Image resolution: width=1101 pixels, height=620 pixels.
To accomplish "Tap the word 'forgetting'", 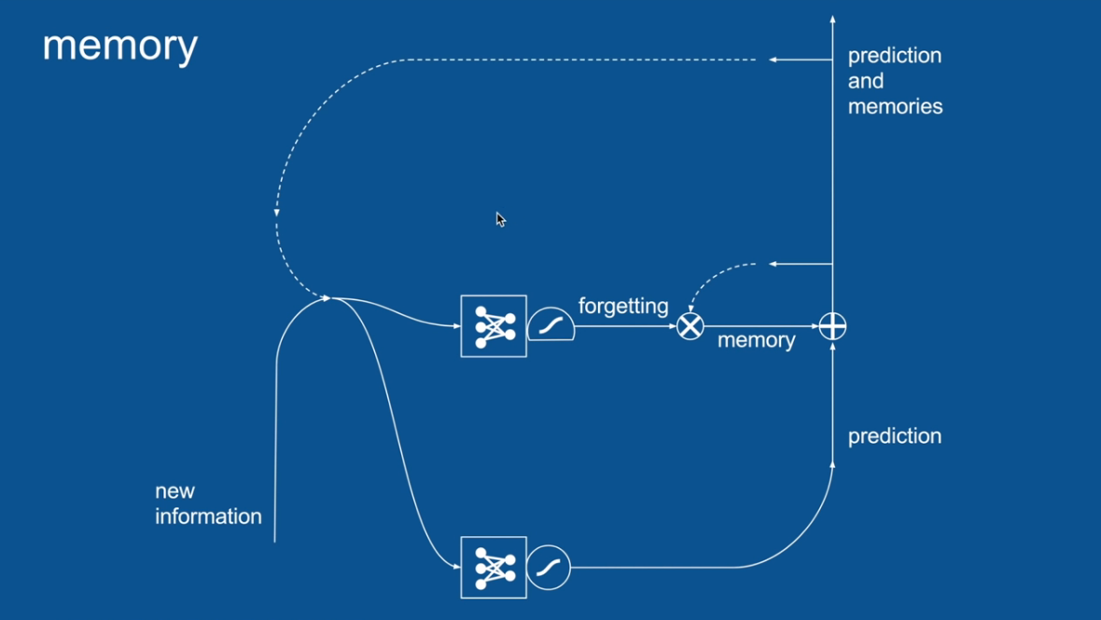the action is (x=623, y=306).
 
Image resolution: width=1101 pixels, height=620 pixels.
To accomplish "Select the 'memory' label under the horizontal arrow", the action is (x=756, y=340).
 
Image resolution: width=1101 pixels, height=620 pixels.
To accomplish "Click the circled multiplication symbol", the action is (x=690, y=326).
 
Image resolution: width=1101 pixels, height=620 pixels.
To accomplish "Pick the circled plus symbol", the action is (x=832, y=326).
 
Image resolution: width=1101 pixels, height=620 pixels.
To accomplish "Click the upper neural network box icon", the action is (x=494, y=326).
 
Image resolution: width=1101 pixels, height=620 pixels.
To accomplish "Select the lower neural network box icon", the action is (x=494, y=567).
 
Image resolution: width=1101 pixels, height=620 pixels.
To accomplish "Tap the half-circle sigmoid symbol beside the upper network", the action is (x=550, y=324).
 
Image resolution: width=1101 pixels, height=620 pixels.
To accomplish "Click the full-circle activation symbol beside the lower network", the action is (x=549, y=567).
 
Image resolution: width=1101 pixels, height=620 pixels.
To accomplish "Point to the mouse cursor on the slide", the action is (x=500, y=219).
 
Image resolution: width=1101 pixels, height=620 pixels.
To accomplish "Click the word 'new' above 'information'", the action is (x=174, y=491).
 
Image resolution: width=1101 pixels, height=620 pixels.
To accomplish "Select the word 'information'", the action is (x=208, y=517).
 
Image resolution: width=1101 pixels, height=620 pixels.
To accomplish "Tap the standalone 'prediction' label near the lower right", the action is (x=894, y=436).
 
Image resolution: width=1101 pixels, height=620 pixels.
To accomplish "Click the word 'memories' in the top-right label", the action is (x=895, y=106).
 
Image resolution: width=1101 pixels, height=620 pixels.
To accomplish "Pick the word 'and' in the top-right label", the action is (x=865, y=81).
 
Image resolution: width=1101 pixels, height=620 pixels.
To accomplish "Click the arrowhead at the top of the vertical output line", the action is (x=832, y=19).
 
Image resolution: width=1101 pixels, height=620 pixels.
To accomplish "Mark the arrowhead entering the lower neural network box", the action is (x=456, y=567).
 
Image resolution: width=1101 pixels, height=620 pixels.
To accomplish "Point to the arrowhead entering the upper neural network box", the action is (x=456, y=326).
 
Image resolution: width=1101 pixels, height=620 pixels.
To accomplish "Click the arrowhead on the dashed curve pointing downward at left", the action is (x=276, y=213).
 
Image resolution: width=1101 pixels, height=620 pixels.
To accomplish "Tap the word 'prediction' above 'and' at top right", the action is (x=894, y=56).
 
